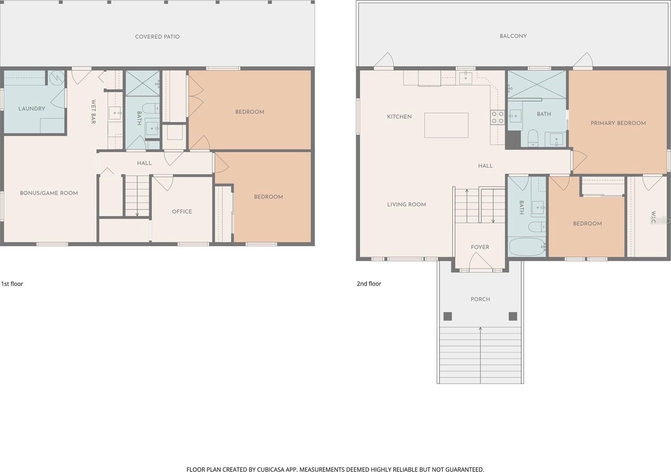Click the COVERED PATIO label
157,37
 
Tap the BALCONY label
513,36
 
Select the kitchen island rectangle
446,125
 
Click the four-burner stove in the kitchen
497,117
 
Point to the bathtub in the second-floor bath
527,247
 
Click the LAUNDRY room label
32,108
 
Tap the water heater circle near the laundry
57,78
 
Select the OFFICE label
182,211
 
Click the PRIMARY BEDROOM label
618,123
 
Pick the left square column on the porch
448,316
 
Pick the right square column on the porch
513,316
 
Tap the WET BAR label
94,112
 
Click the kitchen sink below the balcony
466,78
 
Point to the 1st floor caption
12,284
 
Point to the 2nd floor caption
369,284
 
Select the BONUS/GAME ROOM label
49,193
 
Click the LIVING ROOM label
407,205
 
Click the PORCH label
480,299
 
